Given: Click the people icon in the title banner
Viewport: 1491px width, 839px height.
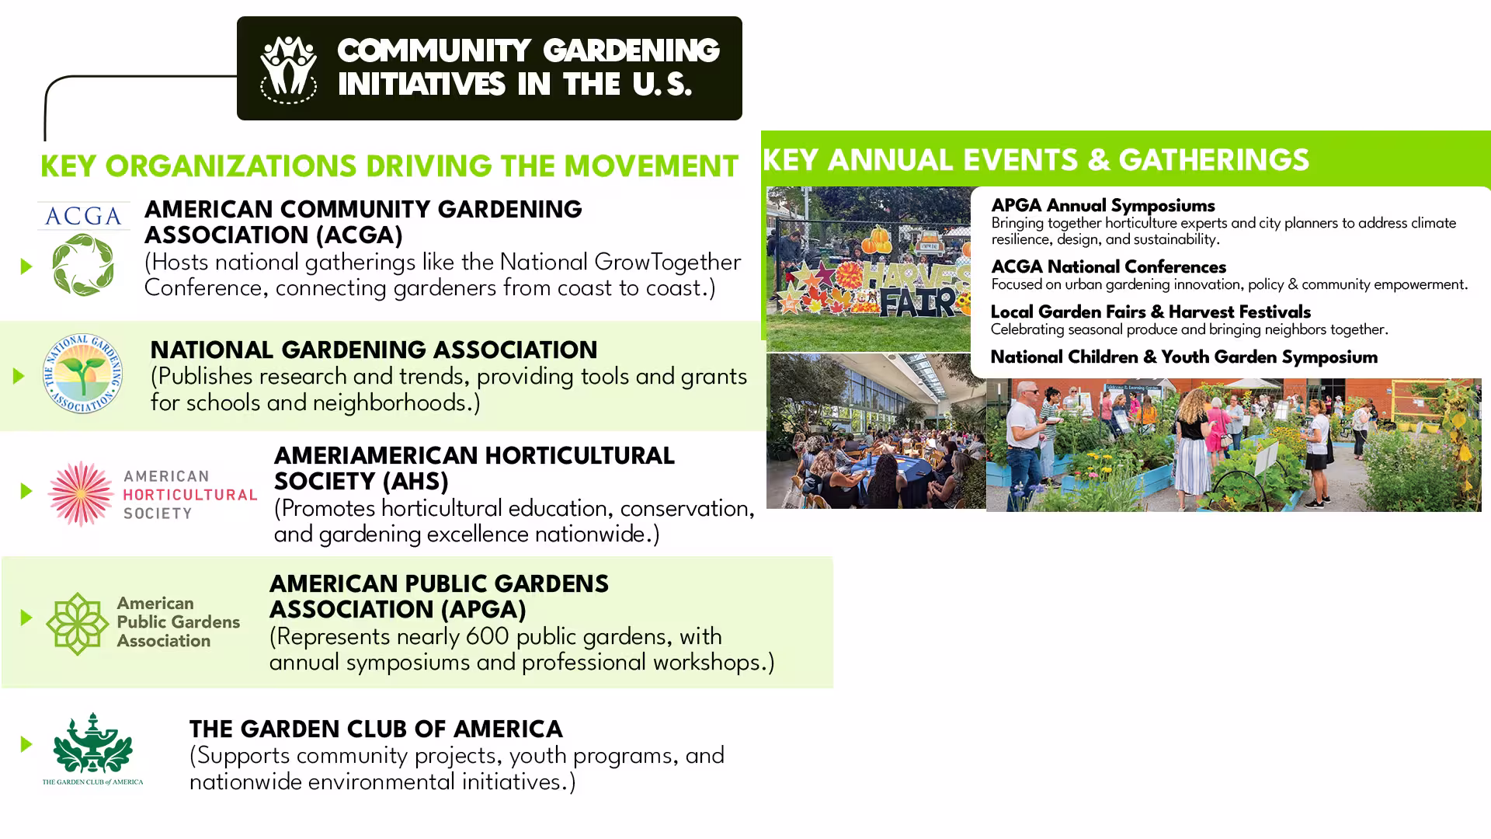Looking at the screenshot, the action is (288, 69).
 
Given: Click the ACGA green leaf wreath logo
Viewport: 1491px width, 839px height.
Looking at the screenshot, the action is (83, 264).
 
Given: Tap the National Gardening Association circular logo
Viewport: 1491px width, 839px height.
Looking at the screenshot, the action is (82, 374).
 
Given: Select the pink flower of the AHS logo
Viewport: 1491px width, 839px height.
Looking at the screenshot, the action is (81, 493).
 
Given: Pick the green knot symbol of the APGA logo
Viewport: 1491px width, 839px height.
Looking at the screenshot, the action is (77, 624).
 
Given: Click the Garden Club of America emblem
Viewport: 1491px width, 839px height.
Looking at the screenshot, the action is (92, 749).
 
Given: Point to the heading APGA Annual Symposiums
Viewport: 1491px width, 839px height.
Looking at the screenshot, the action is (1103, 206).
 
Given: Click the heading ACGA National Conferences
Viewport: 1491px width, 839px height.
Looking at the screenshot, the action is (1108, 267).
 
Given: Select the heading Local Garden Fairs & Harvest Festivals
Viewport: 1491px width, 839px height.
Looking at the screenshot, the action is (1150, 312).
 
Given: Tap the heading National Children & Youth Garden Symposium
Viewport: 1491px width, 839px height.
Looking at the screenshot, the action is (1183, 357).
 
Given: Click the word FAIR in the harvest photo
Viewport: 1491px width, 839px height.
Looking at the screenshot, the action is (917, 301).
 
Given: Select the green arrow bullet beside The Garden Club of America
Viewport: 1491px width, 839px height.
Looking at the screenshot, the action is (26, 744).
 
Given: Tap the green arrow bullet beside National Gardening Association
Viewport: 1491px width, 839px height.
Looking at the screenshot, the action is (19, 377).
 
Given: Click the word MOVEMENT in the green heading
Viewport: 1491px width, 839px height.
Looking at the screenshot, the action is (651, 167).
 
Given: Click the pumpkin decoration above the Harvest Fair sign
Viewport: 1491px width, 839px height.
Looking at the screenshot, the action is (878, 240).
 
